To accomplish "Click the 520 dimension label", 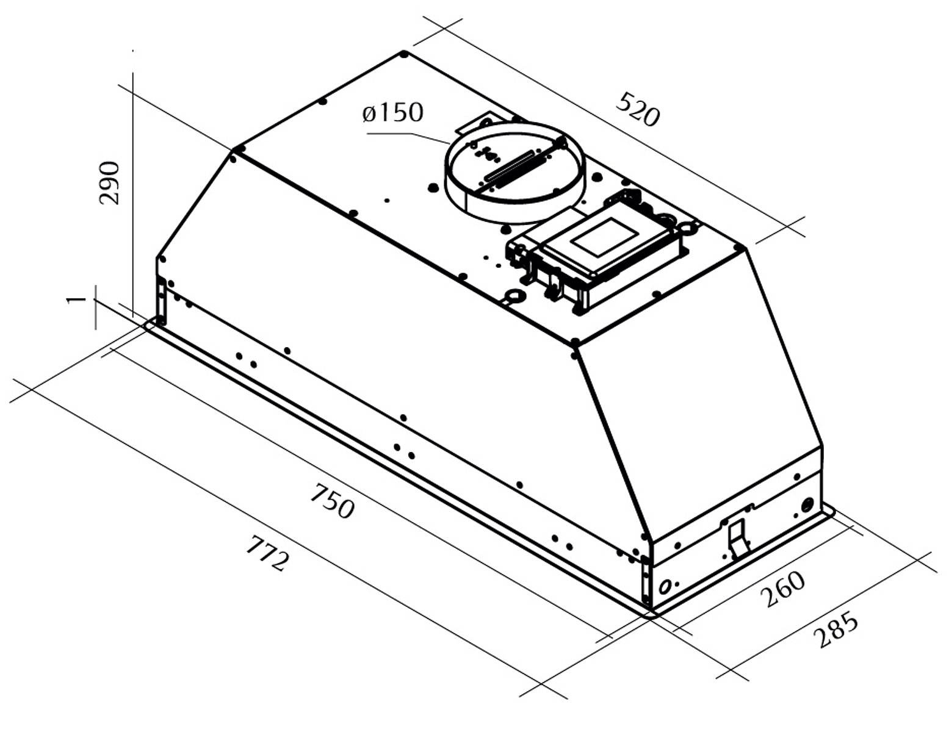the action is pos(638,109).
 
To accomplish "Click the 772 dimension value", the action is pos(267,554).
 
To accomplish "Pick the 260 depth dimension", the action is pos(782,589).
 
